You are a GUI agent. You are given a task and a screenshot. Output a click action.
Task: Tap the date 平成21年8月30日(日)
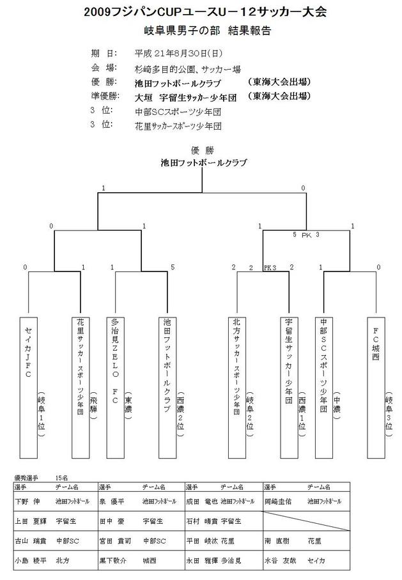tap(178, 53)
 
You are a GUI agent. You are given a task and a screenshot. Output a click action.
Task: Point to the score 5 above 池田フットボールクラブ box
tap(173, 267)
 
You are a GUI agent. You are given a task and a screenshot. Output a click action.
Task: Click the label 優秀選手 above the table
tap(26, 477)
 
